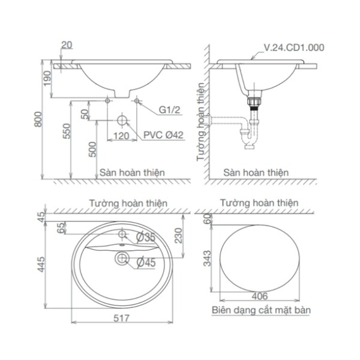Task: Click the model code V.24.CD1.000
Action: (x=294, y=47)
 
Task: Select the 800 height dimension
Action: (x=38, y=119)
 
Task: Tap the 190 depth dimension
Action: (x=47, y=79)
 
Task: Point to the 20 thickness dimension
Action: (x=67, y=45)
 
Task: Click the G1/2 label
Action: (x=170, y=110)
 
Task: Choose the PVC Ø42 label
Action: (x=164, y=135)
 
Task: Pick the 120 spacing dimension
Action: (x=121, y=136)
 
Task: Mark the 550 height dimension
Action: (x=67, y=131)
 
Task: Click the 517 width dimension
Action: (x=121, y=318)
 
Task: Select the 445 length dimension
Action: (x=42, y=264)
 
